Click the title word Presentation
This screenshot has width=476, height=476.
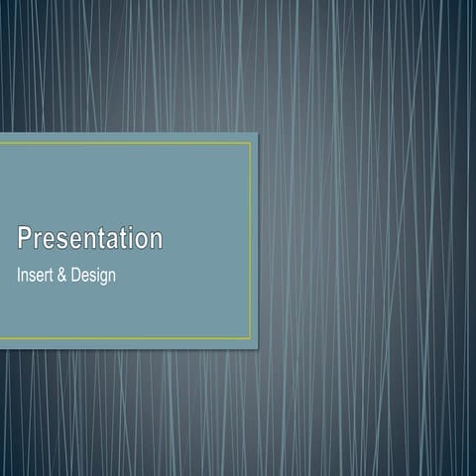click(89, 239)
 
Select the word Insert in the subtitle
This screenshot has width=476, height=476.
click(37, 275)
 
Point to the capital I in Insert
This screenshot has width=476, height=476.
click(19, 275)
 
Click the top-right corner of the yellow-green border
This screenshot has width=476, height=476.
click(251, 143)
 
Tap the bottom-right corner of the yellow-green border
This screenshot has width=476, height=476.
click(251, 339)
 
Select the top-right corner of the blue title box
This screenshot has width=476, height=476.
click(257, 133)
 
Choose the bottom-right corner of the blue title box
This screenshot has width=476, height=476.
click(257, 348)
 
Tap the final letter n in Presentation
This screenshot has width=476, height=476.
click(155, 240)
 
